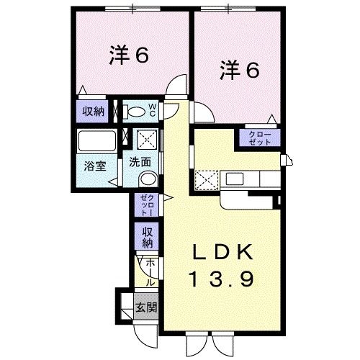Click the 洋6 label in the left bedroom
[129, 55]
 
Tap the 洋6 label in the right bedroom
[240, 69]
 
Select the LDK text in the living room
[222, 252]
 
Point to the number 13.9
[222, 279]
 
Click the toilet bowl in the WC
[136, 112]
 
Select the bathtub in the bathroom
[96, 141]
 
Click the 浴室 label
[95, 166]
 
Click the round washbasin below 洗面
[148, 179]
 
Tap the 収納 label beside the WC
[94, 112]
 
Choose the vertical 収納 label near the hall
[148, 237]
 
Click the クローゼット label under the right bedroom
[260, 138]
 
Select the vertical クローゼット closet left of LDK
[147, 205]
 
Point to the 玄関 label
[146, 307]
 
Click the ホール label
[150, 272]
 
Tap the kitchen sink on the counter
[235, 179]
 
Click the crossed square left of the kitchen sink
[207, 180]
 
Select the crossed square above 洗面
[147, 140]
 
